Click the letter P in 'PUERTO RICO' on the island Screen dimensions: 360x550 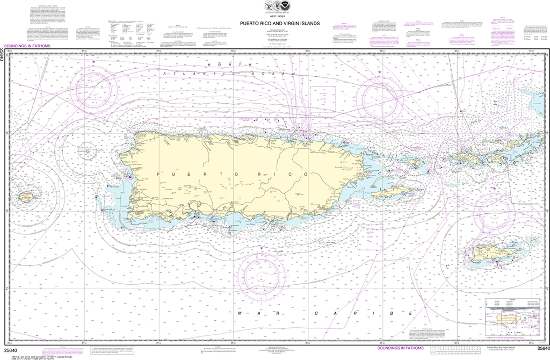tap(158, 175)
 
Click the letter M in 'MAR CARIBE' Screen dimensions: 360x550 tap(239, 313)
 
